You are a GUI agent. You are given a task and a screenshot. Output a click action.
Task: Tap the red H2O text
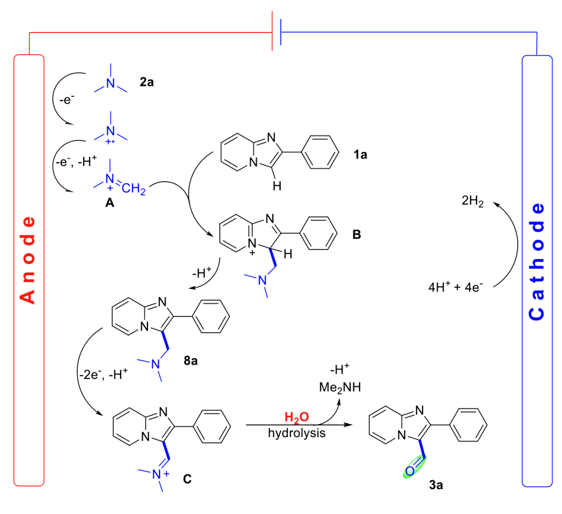pos(297,417)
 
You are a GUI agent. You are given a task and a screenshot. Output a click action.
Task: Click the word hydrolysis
pos(297,433)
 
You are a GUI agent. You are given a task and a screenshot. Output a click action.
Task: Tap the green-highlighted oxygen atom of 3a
pos(409,471)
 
